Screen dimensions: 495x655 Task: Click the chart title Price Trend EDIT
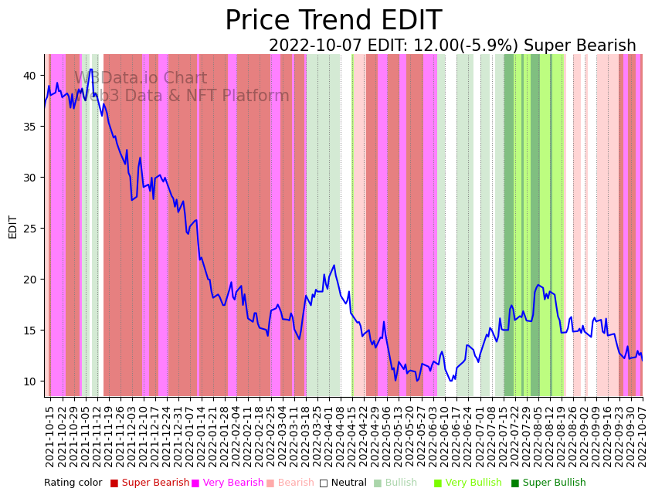click(x=333, y=21)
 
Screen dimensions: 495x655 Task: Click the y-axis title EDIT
click(x=13, y=227)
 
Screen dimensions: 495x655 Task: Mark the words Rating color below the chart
click(x=73, y=483)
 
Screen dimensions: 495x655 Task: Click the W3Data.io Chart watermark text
click(x=141, y=79)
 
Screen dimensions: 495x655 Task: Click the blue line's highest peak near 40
click(x=90, y=70)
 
